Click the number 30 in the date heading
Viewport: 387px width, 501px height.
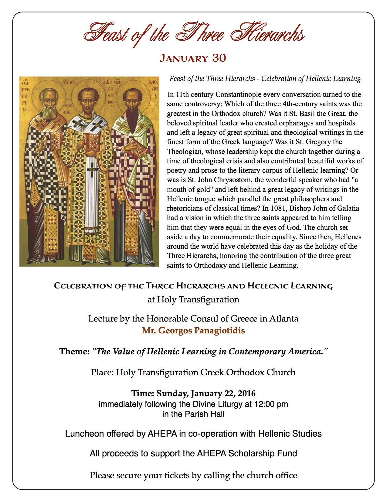[x=219, y=58]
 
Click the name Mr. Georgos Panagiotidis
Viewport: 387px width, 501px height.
[x=193, y=330]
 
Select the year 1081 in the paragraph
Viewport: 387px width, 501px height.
[x=278, y=208]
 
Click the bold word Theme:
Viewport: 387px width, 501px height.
[x=74, y=352]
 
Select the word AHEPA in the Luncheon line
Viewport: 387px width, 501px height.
[x=162, y=434]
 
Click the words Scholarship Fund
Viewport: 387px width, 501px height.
[x=263, y=453]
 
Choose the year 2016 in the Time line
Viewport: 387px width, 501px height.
[x=247, y=394]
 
